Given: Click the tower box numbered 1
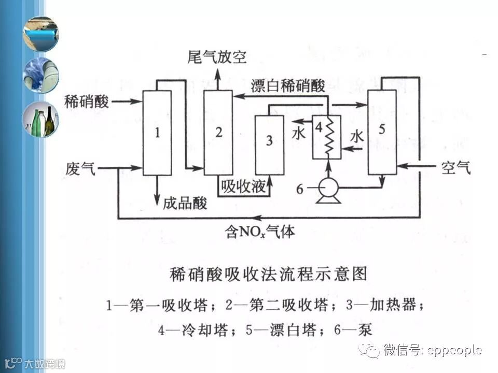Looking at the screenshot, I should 157,133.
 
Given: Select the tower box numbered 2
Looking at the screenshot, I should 218,133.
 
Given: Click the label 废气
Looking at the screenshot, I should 80,168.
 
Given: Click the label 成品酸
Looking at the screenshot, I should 185,203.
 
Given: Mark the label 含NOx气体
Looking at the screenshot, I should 260,231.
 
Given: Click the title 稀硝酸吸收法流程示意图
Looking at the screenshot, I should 268,274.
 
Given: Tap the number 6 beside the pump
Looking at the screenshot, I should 299,189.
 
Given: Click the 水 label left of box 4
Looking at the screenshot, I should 300,134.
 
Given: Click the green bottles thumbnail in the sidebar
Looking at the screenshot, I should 40,120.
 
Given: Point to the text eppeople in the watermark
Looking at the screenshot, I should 454,351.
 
